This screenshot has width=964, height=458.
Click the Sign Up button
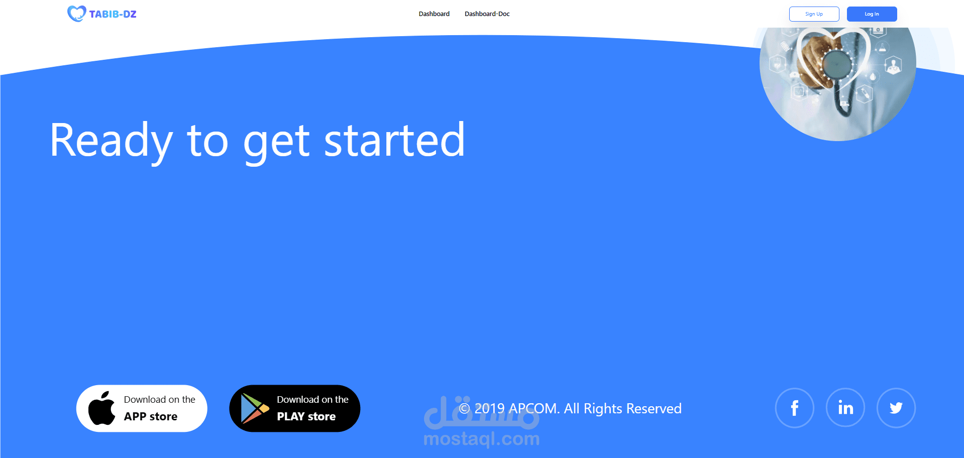814,14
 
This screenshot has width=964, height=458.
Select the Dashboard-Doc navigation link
487,14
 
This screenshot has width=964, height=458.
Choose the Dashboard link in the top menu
434,14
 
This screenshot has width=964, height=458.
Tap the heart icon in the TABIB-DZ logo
77,14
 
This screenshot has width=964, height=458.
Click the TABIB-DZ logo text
113,14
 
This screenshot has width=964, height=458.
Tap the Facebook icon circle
794,408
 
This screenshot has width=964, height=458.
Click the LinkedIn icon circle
845,408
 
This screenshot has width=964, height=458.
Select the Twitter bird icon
896,408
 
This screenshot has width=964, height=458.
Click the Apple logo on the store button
101,408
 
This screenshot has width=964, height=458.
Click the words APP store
151,416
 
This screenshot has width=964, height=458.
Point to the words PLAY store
306,416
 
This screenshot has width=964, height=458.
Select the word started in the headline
394,140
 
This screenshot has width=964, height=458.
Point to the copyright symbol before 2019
464,408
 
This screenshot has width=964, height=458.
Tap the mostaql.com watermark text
482,439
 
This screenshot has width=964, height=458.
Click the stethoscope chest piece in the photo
836,64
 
